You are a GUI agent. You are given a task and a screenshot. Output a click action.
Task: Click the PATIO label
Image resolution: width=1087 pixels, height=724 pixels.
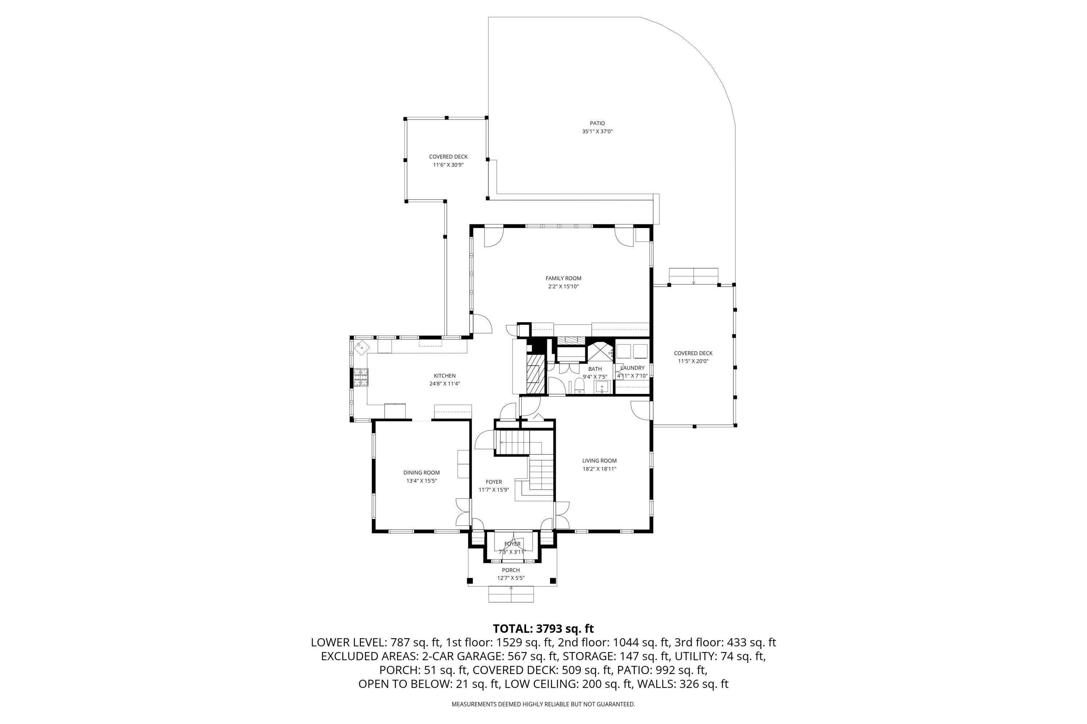click(x=597, y=123)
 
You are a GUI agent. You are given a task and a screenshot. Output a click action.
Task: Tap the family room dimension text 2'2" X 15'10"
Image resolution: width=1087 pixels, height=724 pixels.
click(x=563, y=287)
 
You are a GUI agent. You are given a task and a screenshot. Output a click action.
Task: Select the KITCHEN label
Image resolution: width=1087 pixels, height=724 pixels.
click(x=445, y=376)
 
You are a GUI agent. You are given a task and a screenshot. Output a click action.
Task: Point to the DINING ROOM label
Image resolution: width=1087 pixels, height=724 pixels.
click(x=421, y=473)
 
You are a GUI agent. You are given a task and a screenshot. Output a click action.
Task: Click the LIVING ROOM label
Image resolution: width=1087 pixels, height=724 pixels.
click(x=599, y=461)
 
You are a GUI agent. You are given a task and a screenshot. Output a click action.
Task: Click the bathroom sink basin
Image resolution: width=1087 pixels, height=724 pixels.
click(x=601, y=387)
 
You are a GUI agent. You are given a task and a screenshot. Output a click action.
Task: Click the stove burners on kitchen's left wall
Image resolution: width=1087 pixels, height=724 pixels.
click(x=361, y=377)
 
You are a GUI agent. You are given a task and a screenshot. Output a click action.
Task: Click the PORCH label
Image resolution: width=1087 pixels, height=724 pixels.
click(x=511, y=570)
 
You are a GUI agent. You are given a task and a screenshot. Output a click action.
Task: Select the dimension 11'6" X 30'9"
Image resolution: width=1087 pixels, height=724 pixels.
click(x=448, y=165)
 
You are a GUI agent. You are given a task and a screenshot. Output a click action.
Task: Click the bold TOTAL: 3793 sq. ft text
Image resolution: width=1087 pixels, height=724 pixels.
click(x=543, y=629)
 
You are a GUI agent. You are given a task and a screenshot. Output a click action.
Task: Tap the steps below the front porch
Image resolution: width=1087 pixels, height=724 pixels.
click(x=511, y=595)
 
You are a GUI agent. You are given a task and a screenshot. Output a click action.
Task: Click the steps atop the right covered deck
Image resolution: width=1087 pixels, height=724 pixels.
click(x=693, y=275)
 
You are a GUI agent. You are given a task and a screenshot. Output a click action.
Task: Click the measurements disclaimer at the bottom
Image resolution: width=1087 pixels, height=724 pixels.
click(x=543, y=704)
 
